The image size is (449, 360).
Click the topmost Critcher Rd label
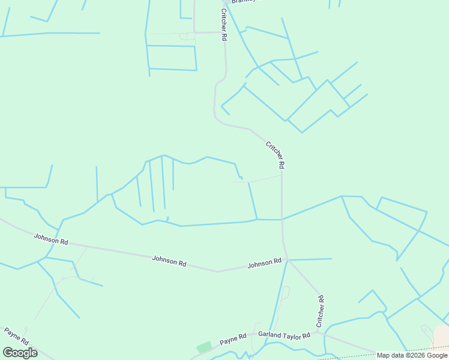(224, 25)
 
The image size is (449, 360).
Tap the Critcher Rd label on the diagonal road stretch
(275, 154)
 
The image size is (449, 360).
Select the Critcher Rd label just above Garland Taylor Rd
(320, 311)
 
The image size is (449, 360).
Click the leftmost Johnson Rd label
(51, 239)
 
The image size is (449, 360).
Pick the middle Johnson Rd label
(169, 260)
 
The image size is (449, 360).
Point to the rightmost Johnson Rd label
(264, 263)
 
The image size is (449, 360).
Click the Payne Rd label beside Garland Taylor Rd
(233, 340)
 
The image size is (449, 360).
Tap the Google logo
(20, 353)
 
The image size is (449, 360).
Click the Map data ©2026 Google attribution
(412, 355)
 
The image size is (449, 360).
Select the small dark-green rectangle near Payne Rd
(204, 347)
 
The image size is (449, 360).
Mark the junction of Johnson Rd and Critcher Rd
(288, 260)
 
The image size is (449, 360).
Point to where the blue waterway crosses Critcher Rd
(282, 219)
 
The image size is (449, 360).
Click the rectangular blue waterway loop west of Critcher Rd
(172, 58)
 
